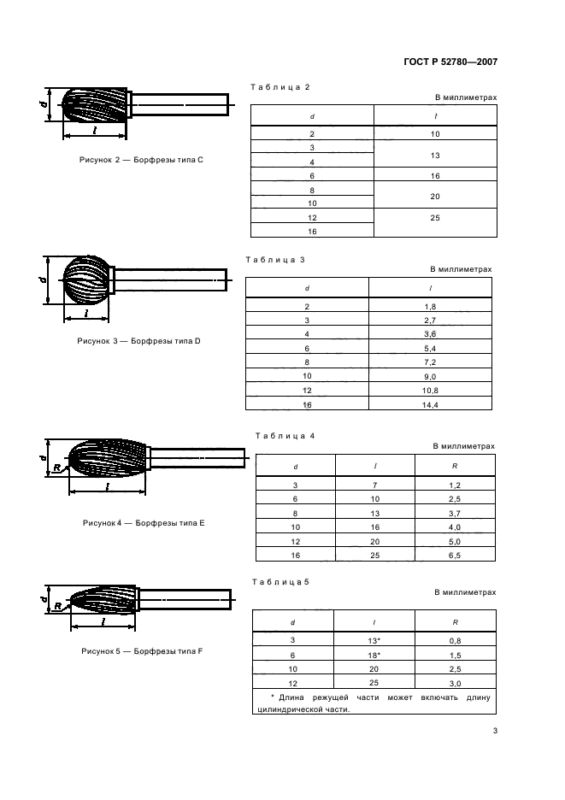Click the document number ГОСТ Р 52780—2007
[450, 62]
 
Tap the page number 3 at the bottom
[495, 731]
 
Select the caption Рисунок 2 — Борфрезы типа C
[141, 160]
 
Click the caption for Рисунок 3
[138, 341]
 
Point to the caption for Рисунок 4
[144, 523]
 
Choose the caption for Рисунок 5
[142, 651]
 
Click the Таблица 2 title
[280, 86]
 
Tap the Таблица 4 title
[285, 436]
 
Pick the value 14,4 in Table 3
[430, 405]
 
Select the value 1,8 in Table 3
[430, 307]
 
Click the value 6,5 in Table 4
[455, 555]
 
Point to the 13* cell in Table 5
[374, 641]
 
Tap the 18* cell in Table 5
[374, 655]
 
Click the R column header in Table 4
[455, 466]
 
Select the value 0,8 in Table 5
[456, 641]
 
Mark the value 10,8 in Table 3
[430, 391]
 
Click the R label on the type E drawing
[57, 468]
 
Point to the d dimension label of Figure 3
[43, 279]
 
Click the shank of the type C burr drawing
[180, 104]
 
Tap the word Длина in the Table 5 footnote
[291, 697]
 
